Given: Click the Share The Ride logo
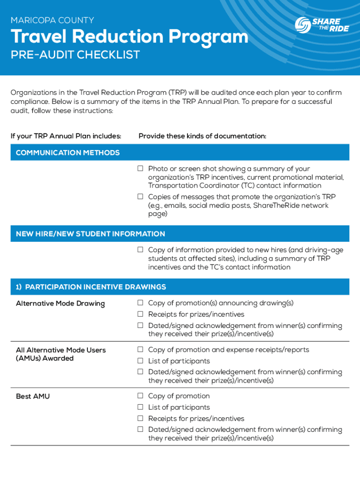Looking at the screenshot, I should click(322, 25).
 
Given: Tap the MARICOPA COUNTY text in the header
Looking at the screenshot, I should click(52, 20).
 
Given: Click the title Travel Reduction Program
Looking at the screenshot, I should click(129, 37).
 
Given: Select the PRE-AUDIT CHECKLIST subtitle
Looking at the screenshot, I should click(75, 55).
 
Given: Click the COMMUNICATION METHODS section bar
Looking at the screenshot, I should click(180, 152).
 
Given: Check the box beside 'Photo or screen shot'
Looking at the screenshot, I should click(140, 168).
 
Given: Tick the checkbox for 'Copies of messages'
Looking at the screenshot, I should click(140, 197).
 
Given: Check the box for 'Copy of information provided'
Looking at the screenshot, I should click(140, 250).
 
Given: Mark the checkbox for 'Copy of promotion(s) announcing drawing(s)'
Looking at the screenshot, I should click(140, 303).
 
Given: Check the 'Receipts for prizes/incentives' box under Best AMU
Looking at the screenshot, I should click(140, 418).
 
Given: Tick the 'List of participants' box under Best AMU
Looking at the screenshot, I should click(140, 407).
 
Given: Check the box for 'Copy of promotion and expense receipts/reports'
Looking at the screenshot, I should click(140, 349).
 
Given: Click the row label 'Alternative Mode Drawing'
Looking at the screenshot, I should click(60, 303).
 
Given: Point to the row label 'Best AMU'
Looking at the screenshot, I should click(33, 396).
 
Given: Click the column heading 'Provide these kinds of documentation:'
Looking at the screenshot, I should click(202, 136).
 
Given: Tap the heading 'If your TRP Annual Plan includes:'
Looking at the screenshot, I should click(66, 136).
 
